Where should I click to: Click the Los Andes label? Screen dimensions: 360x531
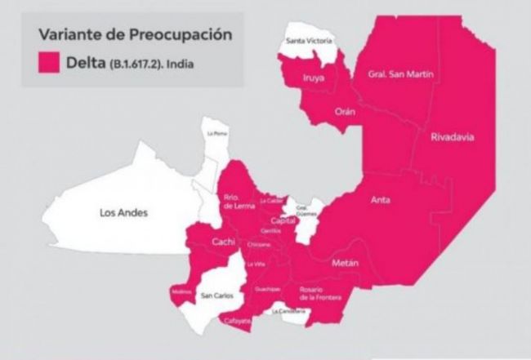[123, 213]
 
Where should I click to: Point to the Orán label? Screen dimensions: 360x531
[346, 112]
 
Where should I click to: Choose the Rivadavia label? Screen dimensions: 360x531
[453, 136]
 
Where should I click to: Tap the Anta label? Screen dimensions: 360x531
[380, 199]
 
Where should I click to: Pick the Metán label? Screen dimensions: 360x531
[345, 264]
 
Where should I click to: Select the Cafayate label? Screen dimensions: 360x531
[239, 322]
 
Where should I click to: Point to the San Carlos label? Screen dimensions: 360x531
[216, 296]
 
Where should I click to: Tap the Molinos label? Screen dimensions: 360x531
[181, 291]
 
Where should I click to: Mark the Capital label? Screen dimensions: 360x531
[283, 220]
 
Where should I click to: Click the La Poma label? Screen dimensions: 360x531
[216, 133]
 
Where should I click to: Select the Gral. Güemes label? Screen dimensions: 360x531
[302, 210]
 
